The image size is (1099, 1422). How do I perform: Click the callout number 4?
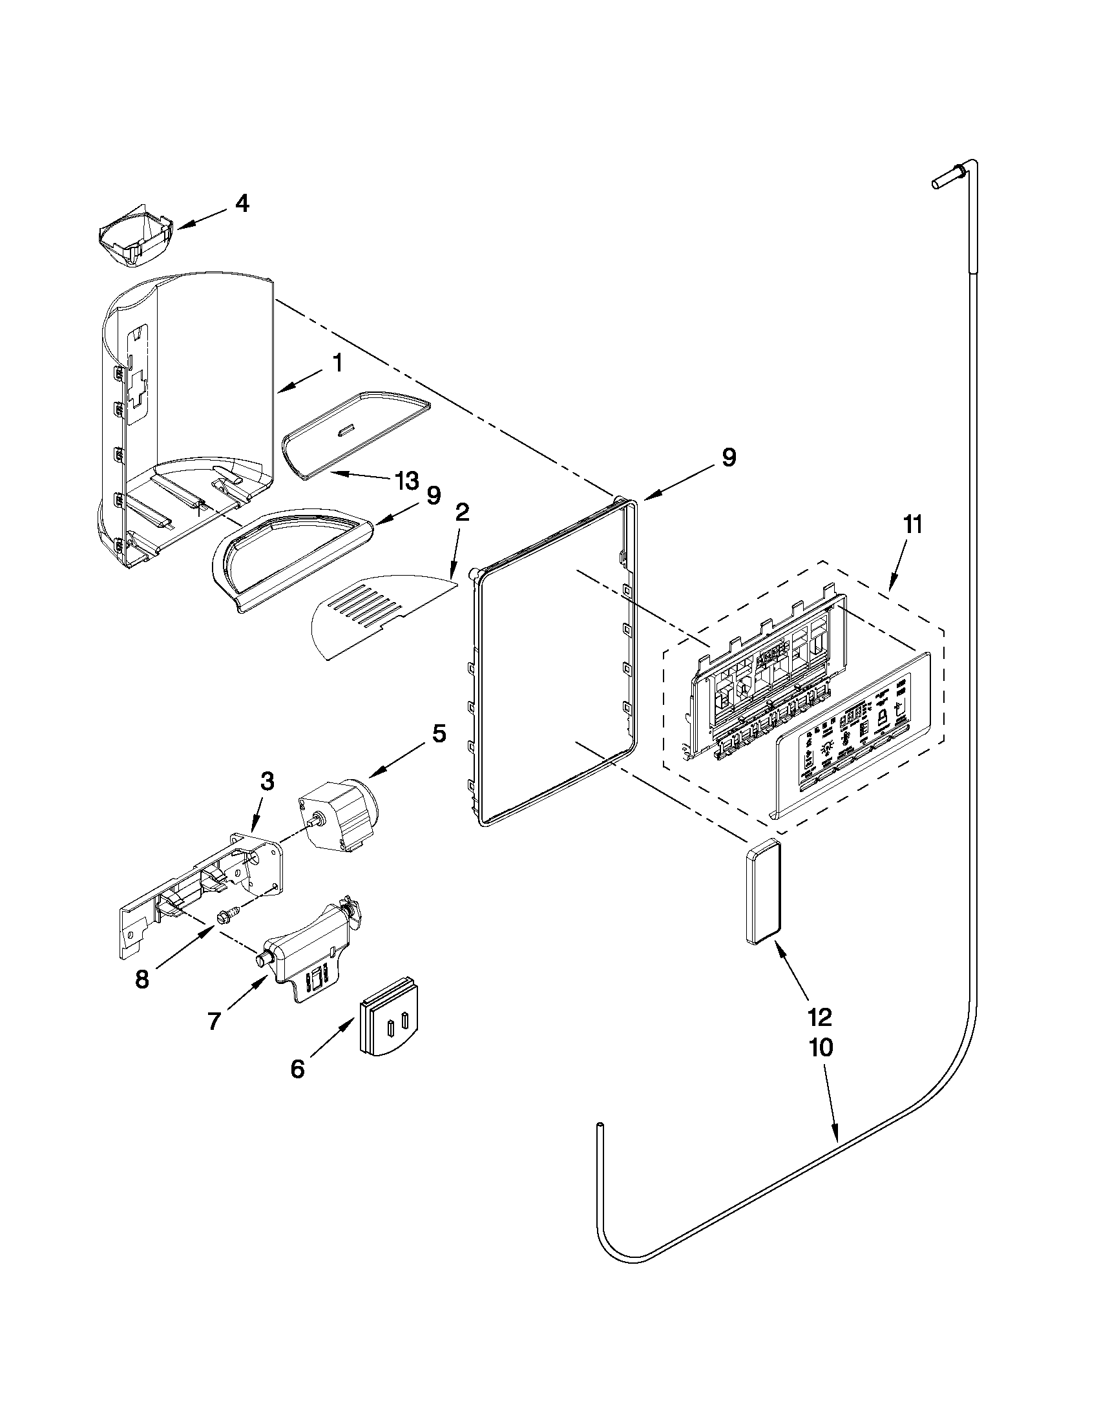tap(242, 204)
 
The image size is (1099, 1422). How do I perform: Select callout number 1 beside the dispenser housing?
tap(337, 363)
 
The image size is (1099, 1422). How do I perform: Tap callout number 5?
tap(439, 734)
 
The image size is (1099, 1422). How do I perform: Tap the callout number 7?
tap(215, 1021)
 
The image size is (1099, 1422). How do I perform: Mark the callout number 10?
tap(821, 1049)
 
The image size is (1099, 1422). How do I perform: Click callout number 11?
tap(912, 525)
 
